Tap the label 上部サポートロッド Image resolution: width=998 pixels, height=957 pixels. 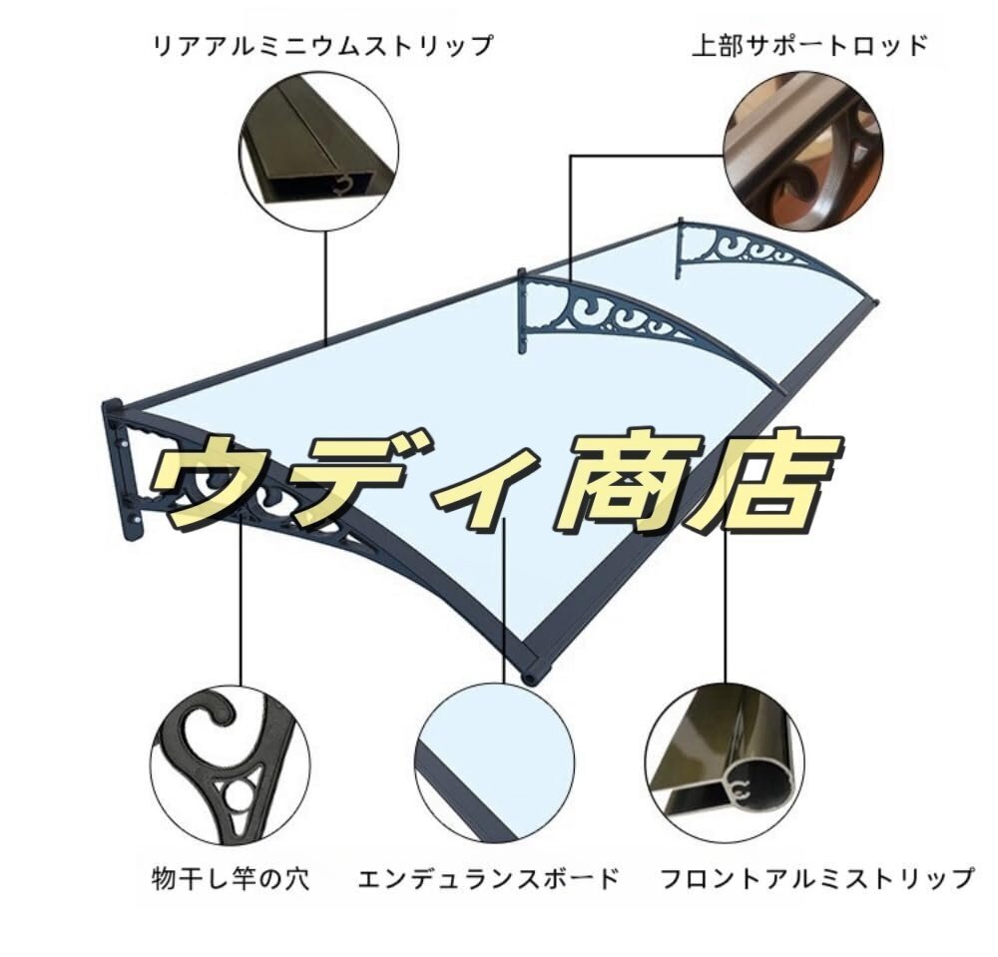coord(809,45)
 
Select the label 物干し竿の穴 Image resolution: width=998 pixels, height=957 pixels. coord(230,879)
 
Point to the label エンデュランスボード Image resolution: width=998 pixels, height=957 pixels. coord(489,879)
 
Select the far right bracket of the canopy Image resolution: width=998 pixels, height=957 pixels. coord(739,249)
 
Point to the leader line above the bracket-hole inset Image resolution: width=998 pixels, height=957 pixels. coord(240,619)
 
